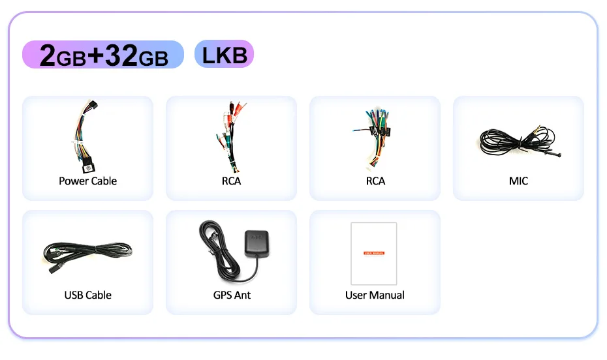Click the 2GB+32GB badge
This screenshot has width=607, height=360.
[103, 55]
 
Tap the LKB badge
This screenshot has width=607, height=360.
[224, 55]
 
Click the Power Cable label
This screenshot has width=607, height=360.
[87, 181]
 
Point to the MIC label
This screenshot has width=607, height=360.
[518, 181]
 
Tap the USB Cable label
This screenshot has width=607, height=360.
[87, 295]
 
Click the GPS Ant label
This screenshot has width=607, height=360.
[232, 295]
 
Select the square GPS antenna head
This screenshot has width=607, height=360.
[255, 243]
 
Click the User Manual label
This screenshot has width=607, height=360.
[375, 295]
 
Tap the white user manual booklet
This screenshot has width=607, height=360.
[374, 254]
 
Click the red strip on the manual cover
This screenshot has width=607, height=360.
[374, 252]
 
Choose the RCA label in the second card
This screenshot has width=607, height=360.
[231, 181]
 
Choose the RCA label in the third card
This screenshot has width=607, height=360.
[375, 181]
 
